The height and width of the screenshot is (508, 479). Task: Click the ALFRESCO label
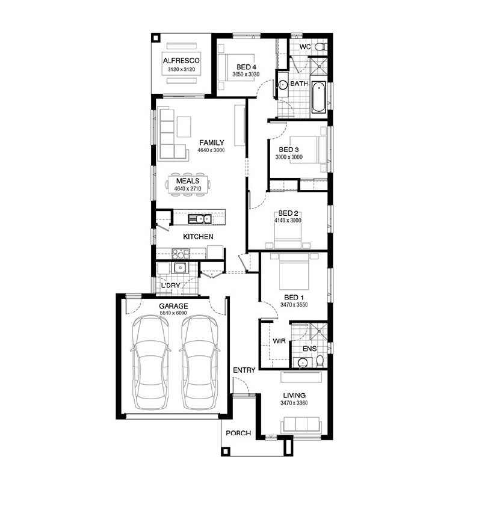coord(181,61)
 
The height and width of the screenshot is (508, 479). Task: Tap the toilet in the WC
coord(320,47)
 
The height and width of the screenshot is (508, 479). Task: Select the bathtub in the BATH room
coord(318,97)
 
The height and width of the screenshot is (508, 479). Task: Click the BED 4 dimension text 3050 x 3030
coord(246,74)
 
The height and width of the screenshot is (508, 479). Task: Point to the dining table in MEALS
coord(188,185)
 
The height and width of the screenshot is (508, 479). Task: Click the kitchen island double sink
coord(200,219)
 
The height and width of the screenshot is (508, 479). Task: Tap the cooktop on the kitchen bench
coord(181,253)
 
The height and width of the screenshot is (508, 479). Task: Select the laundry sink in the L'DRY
coord(179,268)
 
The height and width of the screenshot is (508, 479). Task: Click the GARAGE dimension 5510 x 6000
coord(173,313)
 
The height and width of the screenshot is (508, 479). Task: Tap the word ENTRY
coord(244,370)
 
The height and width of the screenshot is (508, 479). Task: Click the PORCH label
coord(238,433)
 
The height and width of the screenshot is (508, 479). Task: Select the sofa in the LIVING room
coord(301,425)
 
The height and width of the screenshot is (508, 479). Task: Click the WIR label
coord(279,341)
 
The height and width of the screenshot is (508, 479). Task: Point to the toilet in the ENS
coord(320,361)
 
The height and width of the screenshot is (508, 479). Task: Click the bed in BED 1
coord(294,272)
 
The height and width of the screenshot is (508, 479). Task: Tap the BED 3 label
coord(289,150)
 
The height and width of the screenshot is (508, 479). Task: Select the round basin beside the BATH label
coord(283,85)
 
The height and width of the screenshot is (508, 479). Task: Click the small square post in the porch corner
coord(226,451)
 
